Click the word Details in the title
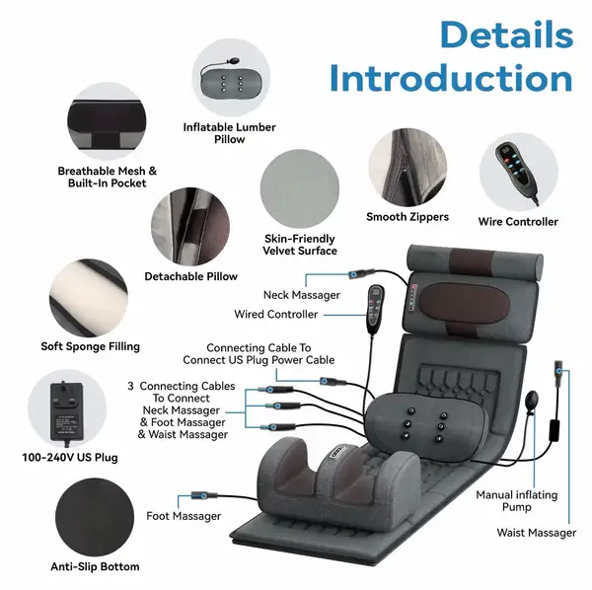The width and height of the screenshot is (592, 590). (507, 35)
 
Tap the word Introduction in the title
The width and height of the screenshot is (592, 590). (451, 79)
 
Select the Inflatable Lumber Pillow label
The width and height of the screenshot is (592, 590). (230, 133)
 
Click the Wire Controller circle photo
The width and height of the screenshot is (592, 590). (519, 173)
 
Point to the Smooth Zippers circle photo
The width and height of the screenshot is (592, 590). (407, 167)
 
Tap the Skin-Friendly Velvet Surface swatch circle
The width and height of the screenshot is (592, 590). (299, 188)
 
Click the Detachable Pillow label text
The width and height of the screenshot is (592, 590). (191, 276)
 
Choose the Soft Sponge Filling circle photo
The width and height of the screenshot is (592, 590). (89, 298)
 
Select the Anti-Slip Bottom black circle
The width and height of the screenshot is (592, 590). (95, 517)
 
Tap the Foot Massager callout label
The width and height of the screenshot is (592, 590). (184, 516)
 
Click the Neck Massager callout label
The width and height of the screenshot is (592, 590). (302, 295)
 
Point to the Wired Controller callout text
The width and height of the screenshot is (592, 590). (276, 314)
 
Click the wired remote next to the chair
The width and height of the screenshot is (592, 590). (376, 309)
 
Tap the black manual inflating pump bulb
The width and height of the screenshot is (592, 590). (533, 403)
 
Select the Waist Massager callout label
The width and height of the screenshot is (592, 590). (537, 533)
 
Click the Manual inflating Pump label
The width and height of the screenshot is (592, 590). (516, 501)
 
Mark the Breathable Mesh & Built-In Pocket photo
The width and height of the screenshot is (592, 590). (107, 121)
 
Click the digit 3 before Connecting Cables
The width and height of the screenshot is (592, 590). (130, 386)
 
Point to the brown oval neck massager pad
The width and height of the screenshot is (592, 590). (460, 304)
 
